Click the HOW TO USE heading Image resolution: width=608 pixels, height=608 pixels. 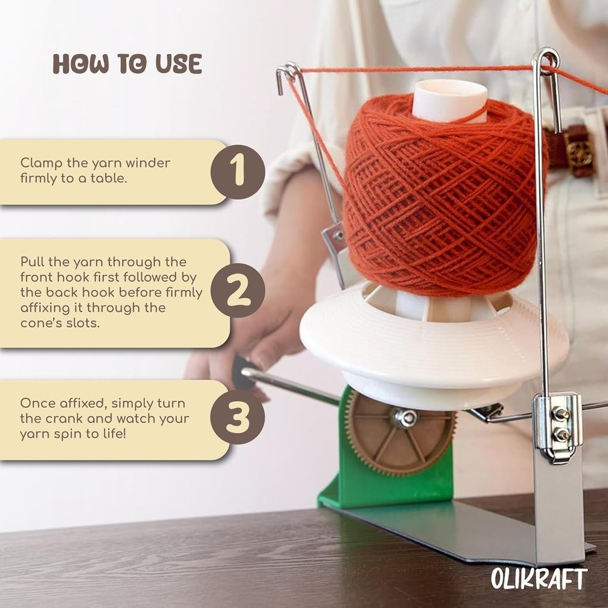click(x=127, y=63)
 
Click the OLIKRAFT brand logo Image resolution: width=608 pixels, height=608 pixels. click(x=539, y=578)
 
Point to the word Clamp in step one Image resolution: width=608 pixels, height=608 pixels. click(x=36, y=163)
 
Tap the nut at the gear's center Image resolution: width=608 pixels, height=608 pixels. click(x=404, y=418)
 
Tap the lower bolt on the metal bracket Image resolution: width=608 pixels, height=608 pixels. click(x=560, y=435)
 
